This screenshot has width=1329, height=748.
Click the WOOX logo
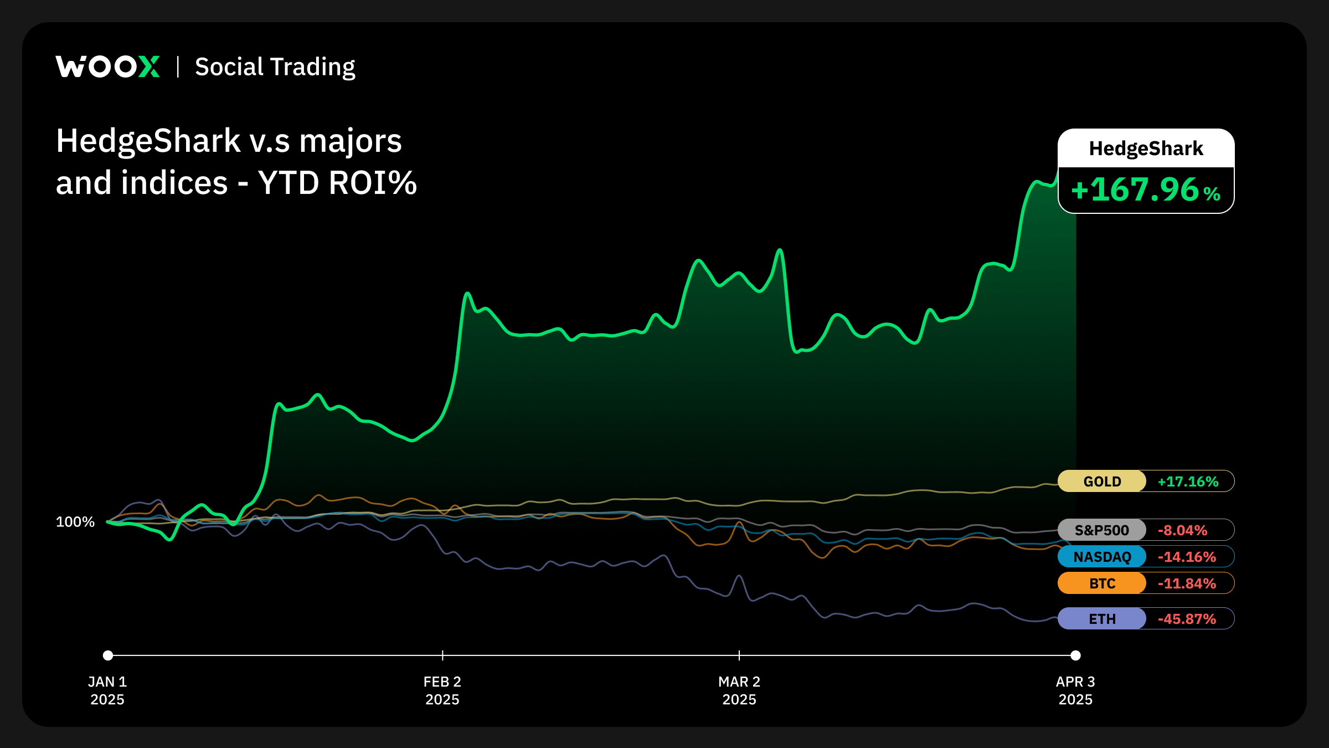pyautogui.click(x=107, y=66)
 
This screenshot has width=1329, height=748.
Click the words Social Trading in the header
pyautogui.click(x=275, y=67)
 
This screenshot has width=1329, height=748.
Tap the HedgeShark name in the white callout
pyautogui.click(x=1146, y=148)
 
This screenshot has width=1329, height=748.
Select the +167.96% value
pyautogui.click(x=1146, y=190)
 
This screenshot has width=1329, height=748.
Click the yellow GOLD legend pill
pyautogui.click(x=1102, y=481)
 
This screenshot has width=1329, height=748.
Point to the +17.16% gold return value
pyautogui.click(x=1188, y=481)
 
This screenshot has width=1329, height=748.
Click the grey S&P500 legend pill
pyautogui.click(x=1101, y=530)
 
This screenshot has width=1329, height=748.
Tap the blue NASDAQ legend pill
pyautogui.click(x=1102, y=557)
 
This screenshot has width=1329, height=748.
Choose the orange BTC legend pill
pyautogui.click(x=1102, y=583)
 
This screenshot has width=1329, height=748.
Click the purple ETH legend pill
pyautogui.click(x=1102, y=619)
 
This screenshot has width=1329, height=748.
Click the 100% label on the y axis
pyautogui.click(x=75, y=522)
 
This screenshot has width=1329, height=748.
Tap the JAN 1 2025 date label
pyautogui.click(x=107, y=690)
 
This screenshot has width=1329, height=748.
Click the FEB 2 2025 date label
pyautogui.click(x=442, y=690)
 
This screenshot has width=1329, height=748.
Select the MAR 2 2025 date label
pyautogui.click(x=739, y=690)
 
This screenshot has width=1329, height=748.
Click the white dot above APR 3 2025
pyautogui.click(x=1075, y=655)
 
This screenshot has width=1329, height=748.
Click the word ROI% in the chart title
pyautogui.click(x=373, y=183)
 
